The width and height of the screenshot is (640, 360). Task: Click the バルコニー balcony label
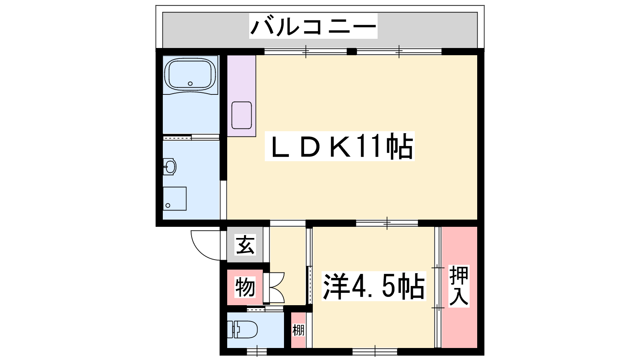(x=314, y=26)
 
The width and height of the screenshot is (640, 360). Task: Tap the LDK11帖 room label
(x=340, y=146)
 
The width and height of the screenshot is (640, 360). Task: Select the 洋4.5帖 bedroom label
(x=374, y=286)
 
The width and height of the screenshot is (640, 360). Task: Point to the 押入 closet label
(x=459, y=286)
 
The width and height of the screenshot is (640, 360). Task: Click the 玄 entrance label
(x=245, y=244)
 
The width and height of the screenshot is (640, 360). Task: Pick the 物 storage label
(x=245, y=287)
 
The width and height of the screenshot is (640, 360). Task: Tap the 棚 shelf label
(x=298, y=330)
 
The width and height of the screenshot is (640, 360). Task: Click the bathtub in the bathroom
(x=190, y=75)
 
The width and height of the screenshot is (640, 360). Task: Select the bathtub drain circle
(x=190, y=84)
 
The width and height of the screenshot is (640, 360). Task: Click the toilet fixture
(x=242, y=330)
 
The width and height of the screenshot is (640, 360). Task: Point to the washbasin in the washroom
(x=169, y=166)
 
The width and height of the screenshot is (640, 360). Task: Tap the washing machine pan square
(x=174, y=199)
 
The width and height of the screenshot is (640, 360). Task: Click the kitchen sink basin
(x=242, y=115)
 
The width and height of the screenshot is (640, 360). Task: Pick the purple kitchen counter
(x=242, y=96)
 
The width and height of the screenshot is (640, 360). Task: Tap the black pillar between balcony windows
(x=352, y=52)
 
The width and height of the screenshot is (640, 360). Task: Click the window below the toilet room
(x=256, y=351)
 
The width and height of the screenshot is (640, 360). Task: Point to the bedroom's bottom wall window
(x=374, y=351)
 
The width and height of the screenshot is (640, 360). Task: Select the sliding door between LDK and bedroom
(x=387, y=223)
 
